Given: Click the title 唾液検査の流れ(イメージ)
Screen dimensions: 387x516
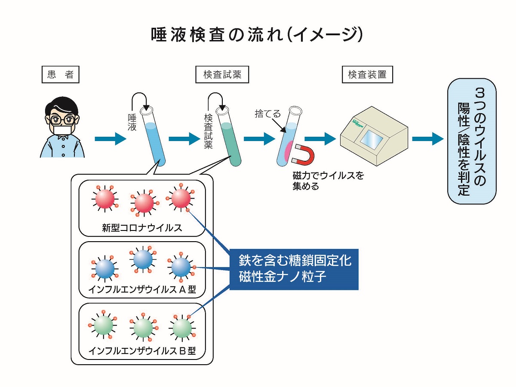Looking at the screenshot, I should [x=257, y=35].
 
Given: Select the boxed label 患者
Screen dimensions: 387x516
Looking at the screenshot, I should [x=61, y=74].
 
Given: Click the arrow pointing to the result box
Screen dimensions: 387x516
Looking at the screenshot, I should [x=427, y=139].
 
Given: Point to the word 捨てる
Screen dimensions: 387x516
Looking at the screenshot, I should [x=267, y=114].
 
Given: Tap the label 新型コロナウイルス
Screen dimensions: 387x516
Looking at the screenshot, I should [x=142, y=228].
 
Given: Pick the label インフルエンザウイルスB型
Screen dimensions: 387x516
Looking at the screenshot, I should [x=142, y=351].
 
